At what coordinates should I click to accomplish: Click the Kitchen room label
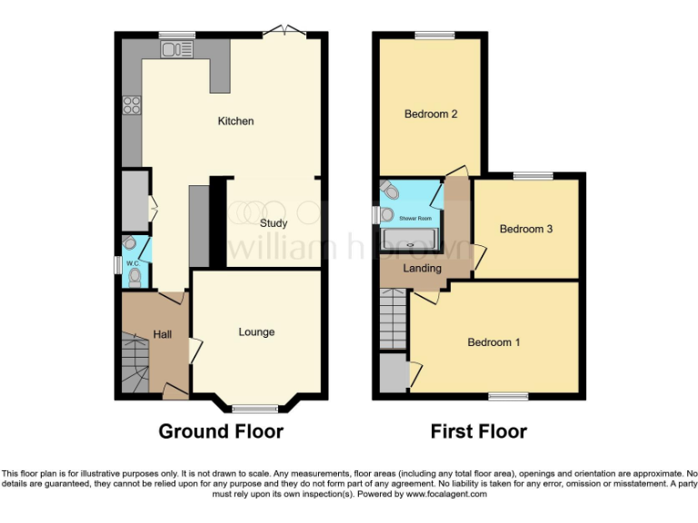[x=235, y=122]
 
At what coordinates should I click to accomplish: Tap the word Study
[x=274, y=223]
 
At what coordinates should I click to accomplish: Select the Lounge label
[x=256, y=332]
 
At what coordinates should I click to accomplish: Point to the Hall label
[x=163, y=335]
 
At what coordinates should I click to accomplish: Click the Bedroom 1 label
[x=494, y=342]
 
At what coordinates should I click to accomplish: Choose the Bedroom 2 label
[x=431, y=114]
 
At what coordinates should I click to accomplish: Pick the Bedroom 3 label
[x=526, y=229]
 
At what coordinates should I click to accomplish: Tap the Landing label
[x=423, y=269]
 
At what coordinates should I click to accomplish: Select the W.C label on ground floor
[x=132, y=264]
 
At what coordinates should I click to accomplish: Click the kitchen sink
[x=173, y=51]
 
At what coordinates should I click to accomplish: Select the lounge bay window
[x=255, y=408]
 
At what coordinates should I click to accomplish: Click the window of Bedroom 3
[x=533, y=175]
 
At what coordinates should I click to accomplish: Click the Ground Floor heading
[x=221, y=431]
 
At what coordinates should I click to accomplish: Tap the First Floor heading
[x=478, y=431]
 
